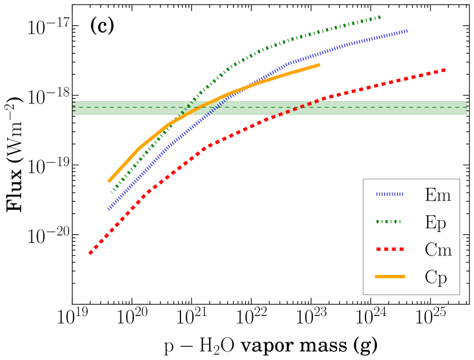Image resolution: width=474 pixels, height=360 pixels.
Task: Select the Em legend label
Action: coord(438,195)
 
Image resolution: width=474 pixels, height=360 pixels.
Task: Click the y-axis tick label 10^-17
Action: coord(48,27)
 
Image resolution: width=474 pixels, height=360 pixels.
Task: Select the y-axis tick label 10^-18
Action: coord(48,97)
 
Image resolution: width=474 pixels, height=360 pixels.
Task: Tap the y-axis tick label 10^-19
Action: coord(48,166)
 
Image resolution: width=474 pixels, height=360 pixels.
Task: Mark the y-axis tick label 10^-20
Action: coord(48,235)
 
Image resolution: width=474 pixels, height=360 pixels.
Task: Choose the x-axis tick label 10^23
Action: coord(311,318)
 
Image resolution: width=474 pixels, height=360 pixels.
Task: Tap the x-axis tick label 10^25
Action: coord(429,318)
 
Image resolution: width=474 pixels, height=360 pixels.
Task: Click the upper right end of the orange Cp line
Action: coord(319,65)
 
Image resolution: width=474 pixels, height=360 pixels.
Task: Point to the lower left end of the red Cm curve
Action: coord(90,253)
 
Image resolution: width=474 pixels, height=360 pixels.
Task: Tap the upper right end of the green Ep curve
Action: coord(381,17)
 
